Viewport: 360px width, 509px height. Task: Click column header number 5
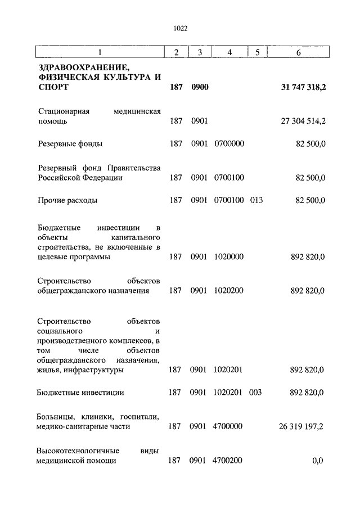[x=256, y=52]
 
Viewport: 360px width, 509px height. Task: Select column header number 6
[x=298, y=52]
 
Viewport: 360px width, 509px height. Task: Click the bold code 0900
[x=200, y=88]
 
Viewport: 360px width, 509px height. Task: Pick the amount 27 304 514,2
[x=302, y=121]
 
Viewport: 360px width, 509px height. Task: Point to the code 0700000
[x=229, y=144]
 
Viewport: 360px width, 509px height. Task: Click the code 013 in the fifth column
[x=256, y=200]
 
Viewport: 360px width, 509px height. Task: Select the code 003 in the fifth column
[x=256, y=393]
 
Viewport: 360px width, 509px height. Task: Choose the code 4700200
[x=228, y=461]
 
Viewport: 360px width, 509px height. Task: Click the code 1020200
[x=229, y=291]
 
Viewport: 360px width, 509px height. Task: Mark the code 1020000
[x=229, y=257]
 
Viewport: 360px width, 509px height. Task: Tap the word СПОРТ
[x=54, y=88]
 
